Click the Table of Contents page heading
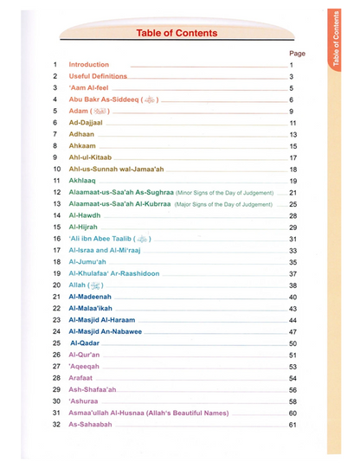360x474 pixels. pos(177,33)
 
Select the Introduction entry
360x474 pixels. pos(89,65)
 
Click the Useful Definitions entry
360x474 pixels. pos(98,76)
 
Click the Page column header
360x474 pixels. pos(297,53)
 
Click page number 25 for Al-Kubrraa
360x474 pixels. pos(293,203)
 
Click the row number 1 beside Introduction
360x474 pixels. pos(55,65)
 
